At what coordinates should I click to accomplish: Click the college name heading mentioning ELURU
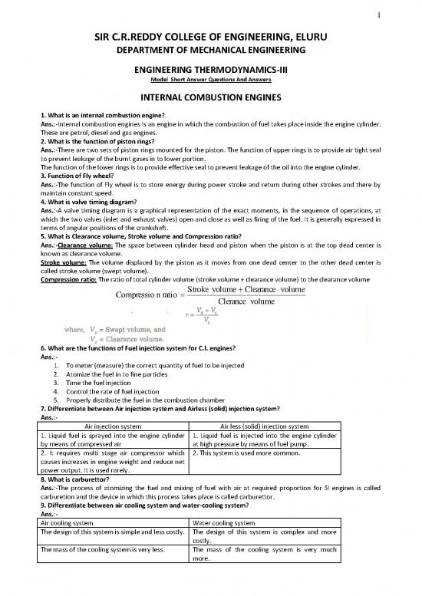coord(211,37)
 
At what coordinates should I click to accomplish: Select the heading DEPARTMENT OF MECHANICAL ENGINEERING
coord(211,50)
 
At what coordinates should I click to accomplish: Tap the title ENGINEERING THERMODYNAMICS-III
coord(211,71)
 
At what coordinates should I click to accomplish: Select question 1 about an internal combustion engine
coord(112,114)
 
